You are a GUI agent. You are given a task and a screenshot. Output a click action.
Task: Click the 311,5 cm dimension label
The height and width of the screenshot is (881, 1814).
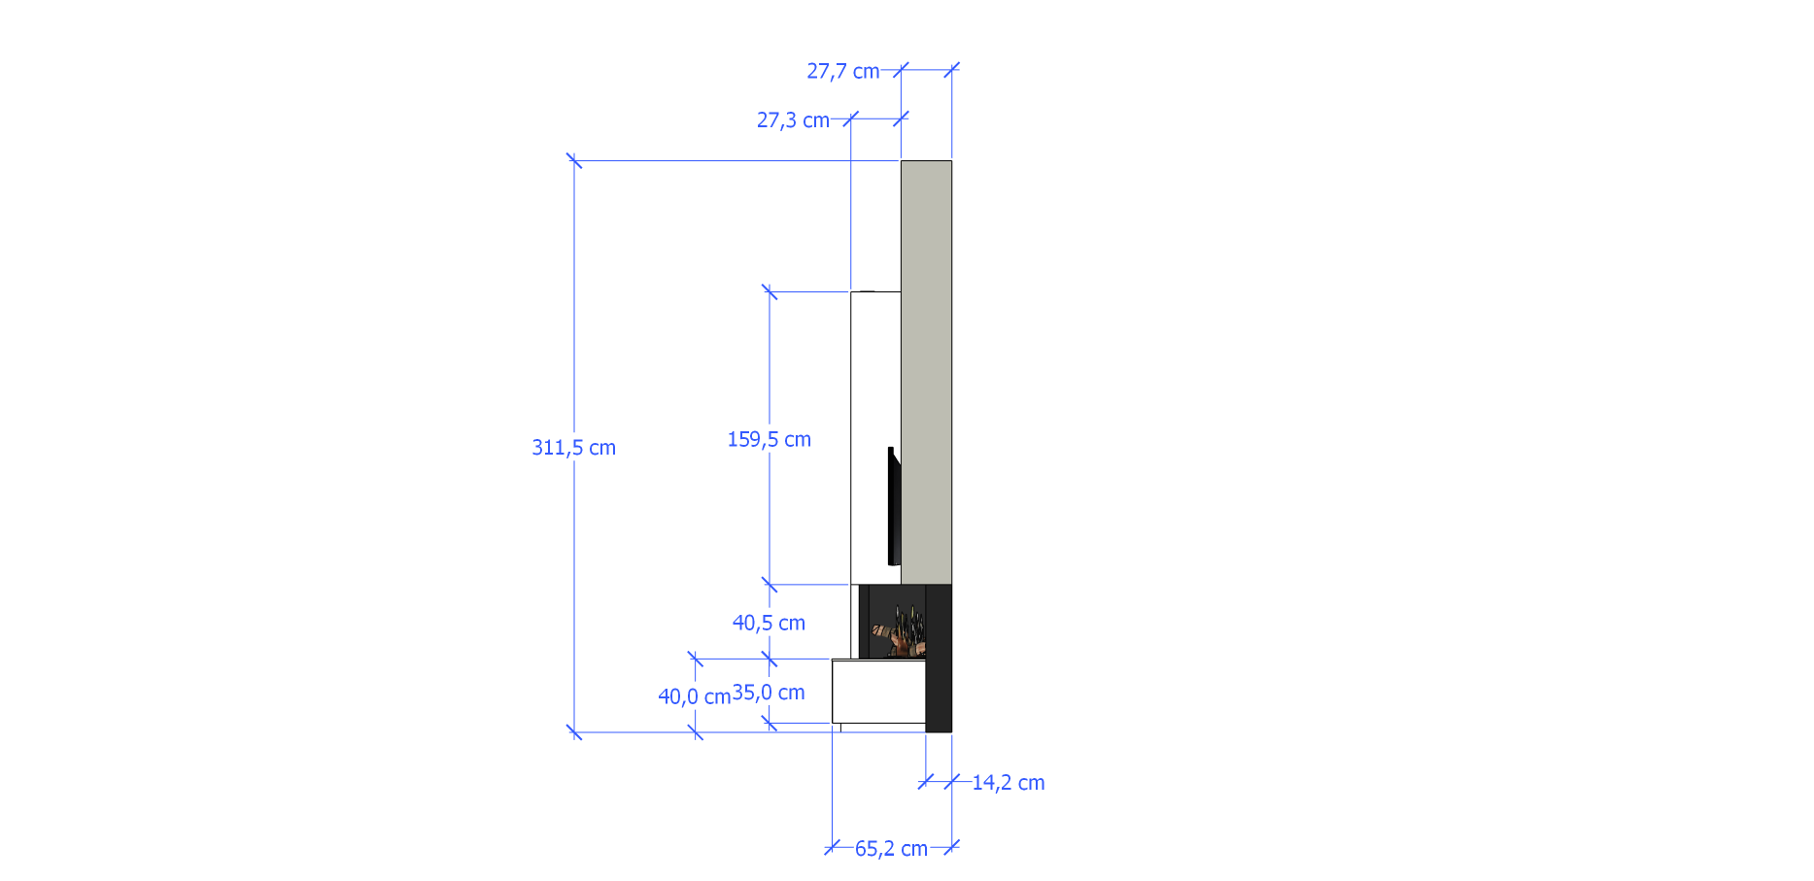tap(573, 448)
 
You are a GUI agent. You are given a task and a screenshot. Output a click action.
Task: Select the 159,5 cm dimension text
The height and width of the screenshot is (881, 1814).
tap(769, 439)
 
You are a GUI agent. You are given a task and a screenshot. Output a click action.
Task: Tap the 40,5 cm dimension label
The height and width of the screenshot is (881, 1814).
tap(769, 623)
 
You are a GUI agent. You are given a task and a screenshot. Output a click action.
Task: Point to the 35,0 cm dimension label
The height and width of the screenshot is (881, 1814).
tap(769, 693)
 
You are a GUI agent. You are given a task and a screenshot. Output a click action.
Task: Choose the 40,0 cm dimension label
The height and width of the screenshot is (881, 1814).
tap(694, 696)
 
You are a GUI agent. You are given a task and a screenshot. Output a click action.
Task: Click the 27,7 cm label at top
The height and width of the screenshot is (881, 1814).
tap(842, 71)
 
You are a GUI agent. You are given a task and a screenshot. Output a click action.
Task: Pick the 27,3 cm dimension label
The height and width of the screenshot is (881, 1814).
tap(793, 120)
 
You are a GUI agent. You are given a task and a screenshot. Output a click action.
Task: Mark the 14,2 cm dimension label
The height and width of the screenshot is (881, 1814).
tap(1008, 783)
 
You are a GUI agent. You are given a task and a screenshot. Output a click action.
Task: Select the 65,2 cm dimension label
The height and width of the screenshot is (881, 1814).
tap(891, 849)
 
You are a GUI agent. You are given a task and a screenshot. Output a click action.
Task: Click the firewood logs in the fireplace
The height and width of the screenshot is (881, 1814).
tap(897, 632)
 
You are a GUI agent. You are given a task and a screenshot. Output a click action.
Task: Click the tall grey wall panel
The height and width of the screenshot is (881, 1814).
tap(926, 369)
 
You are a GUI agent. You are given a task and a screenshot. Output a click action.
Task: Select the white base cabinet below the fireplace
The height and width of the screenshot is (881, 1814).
tap(877, 691)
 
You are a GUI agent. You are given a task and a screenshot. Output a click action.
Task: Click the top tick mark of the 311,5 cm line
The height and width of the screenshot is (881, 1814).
tap(574, 160)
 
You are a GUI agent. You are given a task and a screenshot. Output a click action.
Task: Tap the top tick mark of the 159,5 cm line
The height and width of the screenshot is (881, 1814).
tap(770, 291)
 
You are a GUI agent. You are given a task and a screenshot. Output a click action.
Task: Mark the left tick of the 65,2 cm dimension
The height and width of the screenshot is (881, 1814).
tap(833, 847)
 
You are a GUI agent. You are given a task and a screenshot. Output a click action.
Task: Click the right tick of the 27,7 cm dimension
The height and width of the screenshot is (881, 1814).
tap(951, 70)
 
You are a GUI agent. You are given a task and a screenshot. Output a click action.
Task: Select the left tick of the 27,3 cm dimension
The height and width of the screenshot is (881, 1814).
tap(851, 119)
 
